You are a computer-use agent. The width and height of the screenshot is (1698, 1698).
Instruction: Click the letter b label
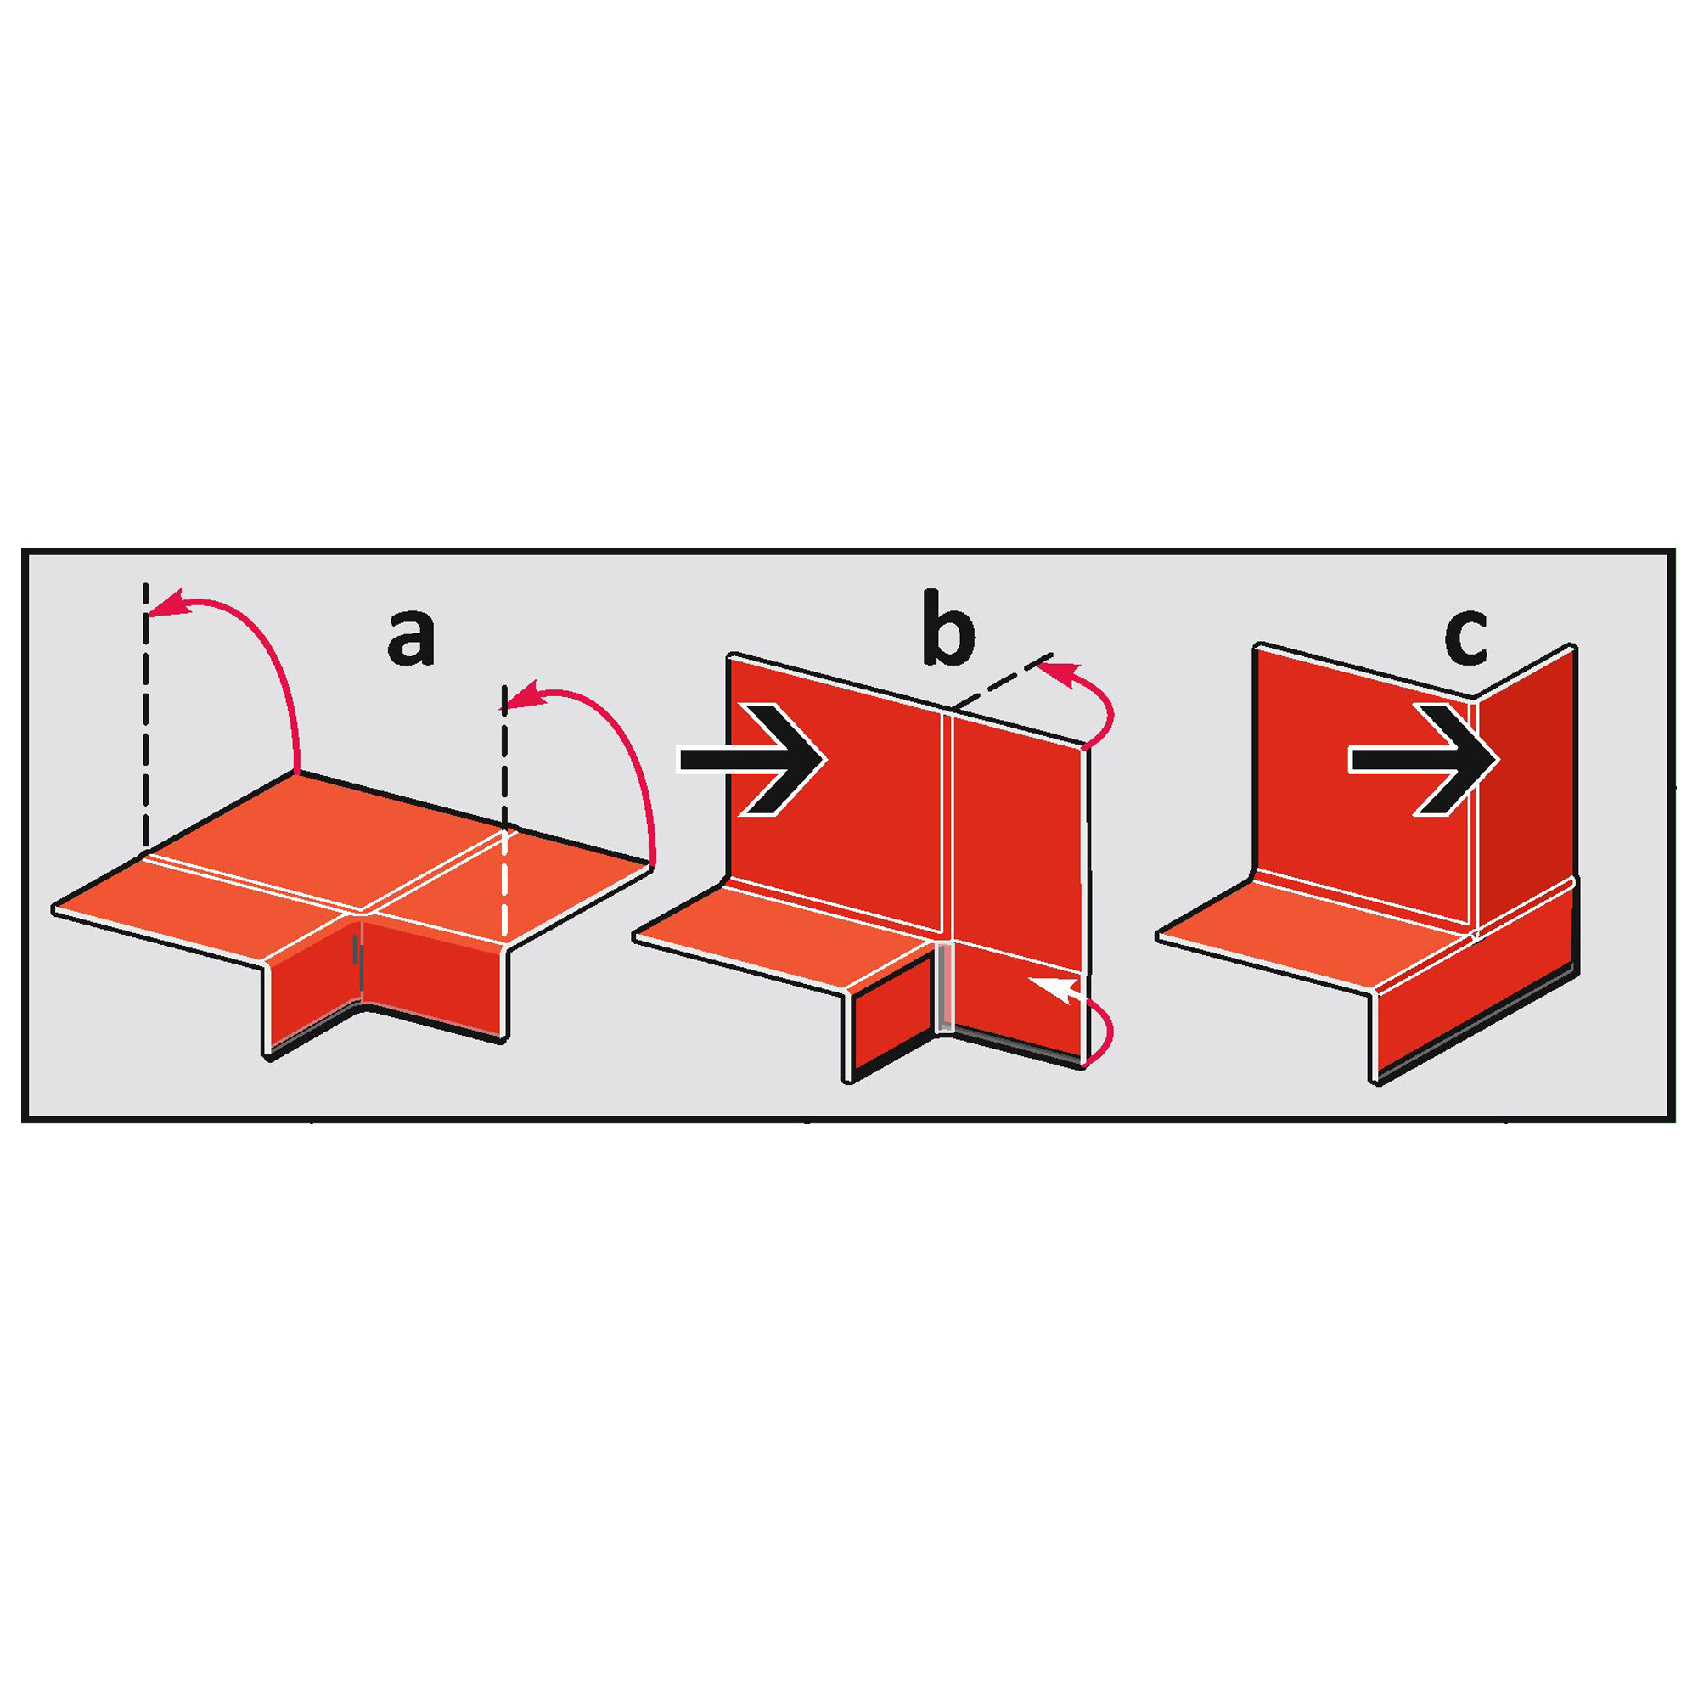pyautogui.click(x=947, y=627)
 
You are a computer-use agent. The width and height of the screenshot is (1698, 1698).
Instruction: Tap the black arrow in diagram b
pyautogui.click(x=751, y=759)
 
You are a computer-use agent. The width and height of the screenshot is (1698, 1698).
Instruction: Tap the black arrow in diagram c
pyautogui.click(x=1424, y=759)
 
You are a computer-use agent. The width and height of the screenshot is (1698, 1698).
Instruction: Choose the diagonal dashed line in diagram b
pyautogui.click(x=1002, y=679)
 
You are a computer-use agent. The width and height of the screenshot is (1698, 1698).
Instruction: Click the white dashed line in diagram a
pyautogui.click(x=504, y=882)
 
